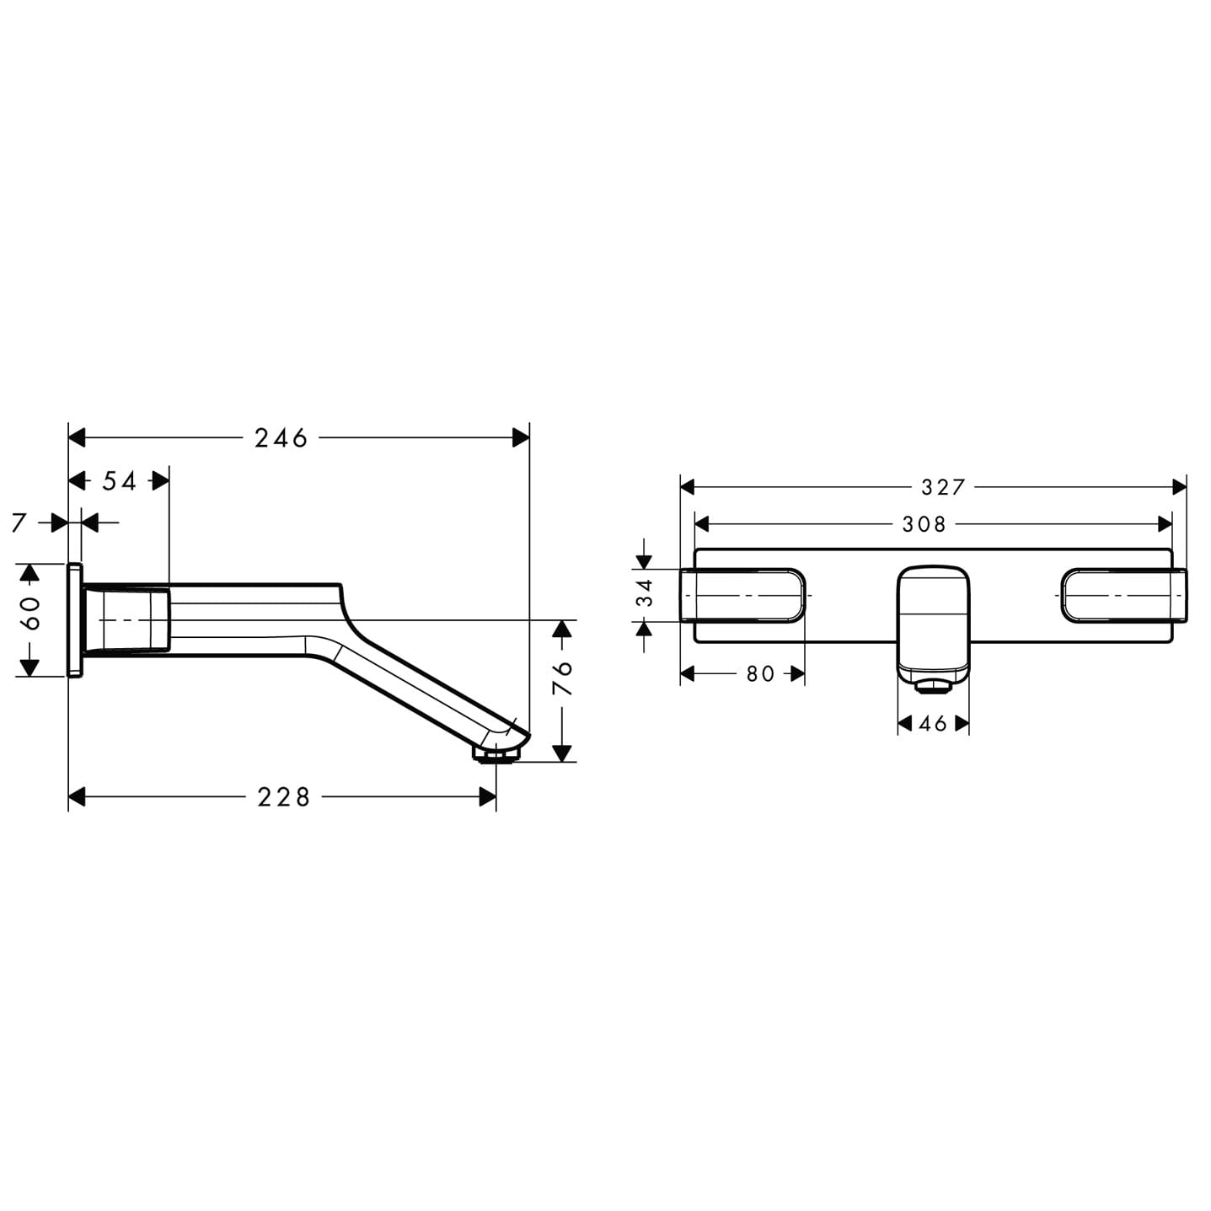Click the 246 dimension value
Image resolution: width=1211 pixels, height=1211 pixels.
[281, 438]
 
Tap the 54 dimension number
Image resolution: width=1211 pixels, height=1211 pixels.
[120, 481]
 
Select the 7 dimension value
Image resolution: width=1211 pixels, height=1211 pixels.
[20, 522]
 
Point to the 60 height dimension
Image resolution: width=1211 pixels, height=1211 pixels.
[31, 613]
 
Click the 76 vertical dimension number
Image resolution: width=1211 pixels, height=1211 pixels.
[562, 677]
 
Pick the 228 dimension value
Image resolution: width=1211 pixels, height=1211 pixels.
[283, 797]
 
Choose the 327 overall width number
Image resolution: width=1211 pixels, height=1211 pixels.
[943, 487]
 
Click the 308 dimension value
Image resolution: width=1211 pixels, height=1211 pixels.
[924, 524]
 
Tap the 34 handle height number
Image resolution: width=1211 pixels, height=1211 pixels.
[645, 593]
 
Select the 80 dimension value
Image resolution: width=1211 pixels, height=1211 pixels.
[760, 673]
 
